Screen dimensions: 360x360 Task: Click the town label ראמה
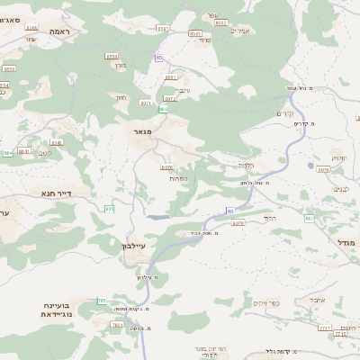pyautogui.click(x=60, y=31)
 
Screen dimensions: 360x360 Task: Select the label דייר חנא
pyautogui.click(x=56, y=193)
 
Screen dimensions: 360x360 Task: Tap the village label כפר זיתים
pyautogui.click(x=267, y=303)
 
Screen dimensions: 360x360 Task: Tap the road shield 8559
pyautogui.click(x=112, y=56)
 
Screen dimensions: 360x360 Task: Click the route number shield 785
pyautogui.click(x=102, y=301)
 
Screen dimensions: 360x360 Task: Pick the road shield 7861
pyautogui.click(x=117, y=324)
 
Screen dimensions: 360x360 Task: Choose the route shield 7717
pyautogui.click(x=325, y=328)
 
